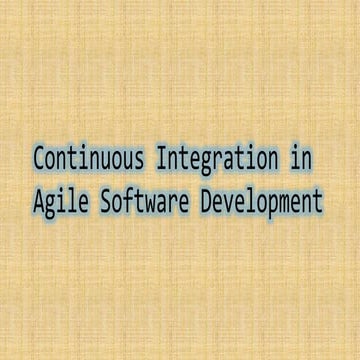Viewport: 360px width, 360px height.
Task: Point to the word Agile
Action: (61, 202)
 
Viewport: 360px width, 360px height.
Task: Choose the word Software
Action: (145, 200)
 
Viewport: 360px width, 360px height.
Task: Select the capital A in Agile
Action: (39, 200)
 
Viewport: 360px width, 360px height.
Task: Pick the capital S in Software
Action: (105, 200)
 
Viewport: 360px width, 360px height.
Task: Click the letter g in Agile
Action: (50, 204)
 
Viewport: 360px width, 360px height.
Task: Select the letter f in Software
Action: (128, 200)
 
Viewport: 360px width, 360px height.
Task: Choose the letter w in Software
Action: (150, 202)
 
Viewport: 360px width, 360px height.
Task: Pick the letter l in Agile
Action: (72, 200)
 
